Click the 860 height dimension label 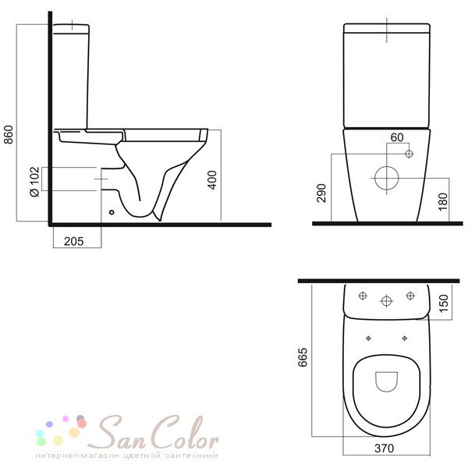coord(9,135)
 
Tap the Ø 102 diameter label coord(34,182)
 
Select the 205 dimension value coord(74,241)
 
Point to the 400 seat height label coord(212,179)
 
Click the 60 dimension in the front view coord(397,137)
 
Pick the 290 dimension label coord(321,193)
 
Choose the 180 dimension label coord(443,202)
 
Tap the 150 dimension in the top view coord(444,303)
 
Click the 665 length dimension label coord(303,357)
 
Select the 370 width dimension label coord(384,448)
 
